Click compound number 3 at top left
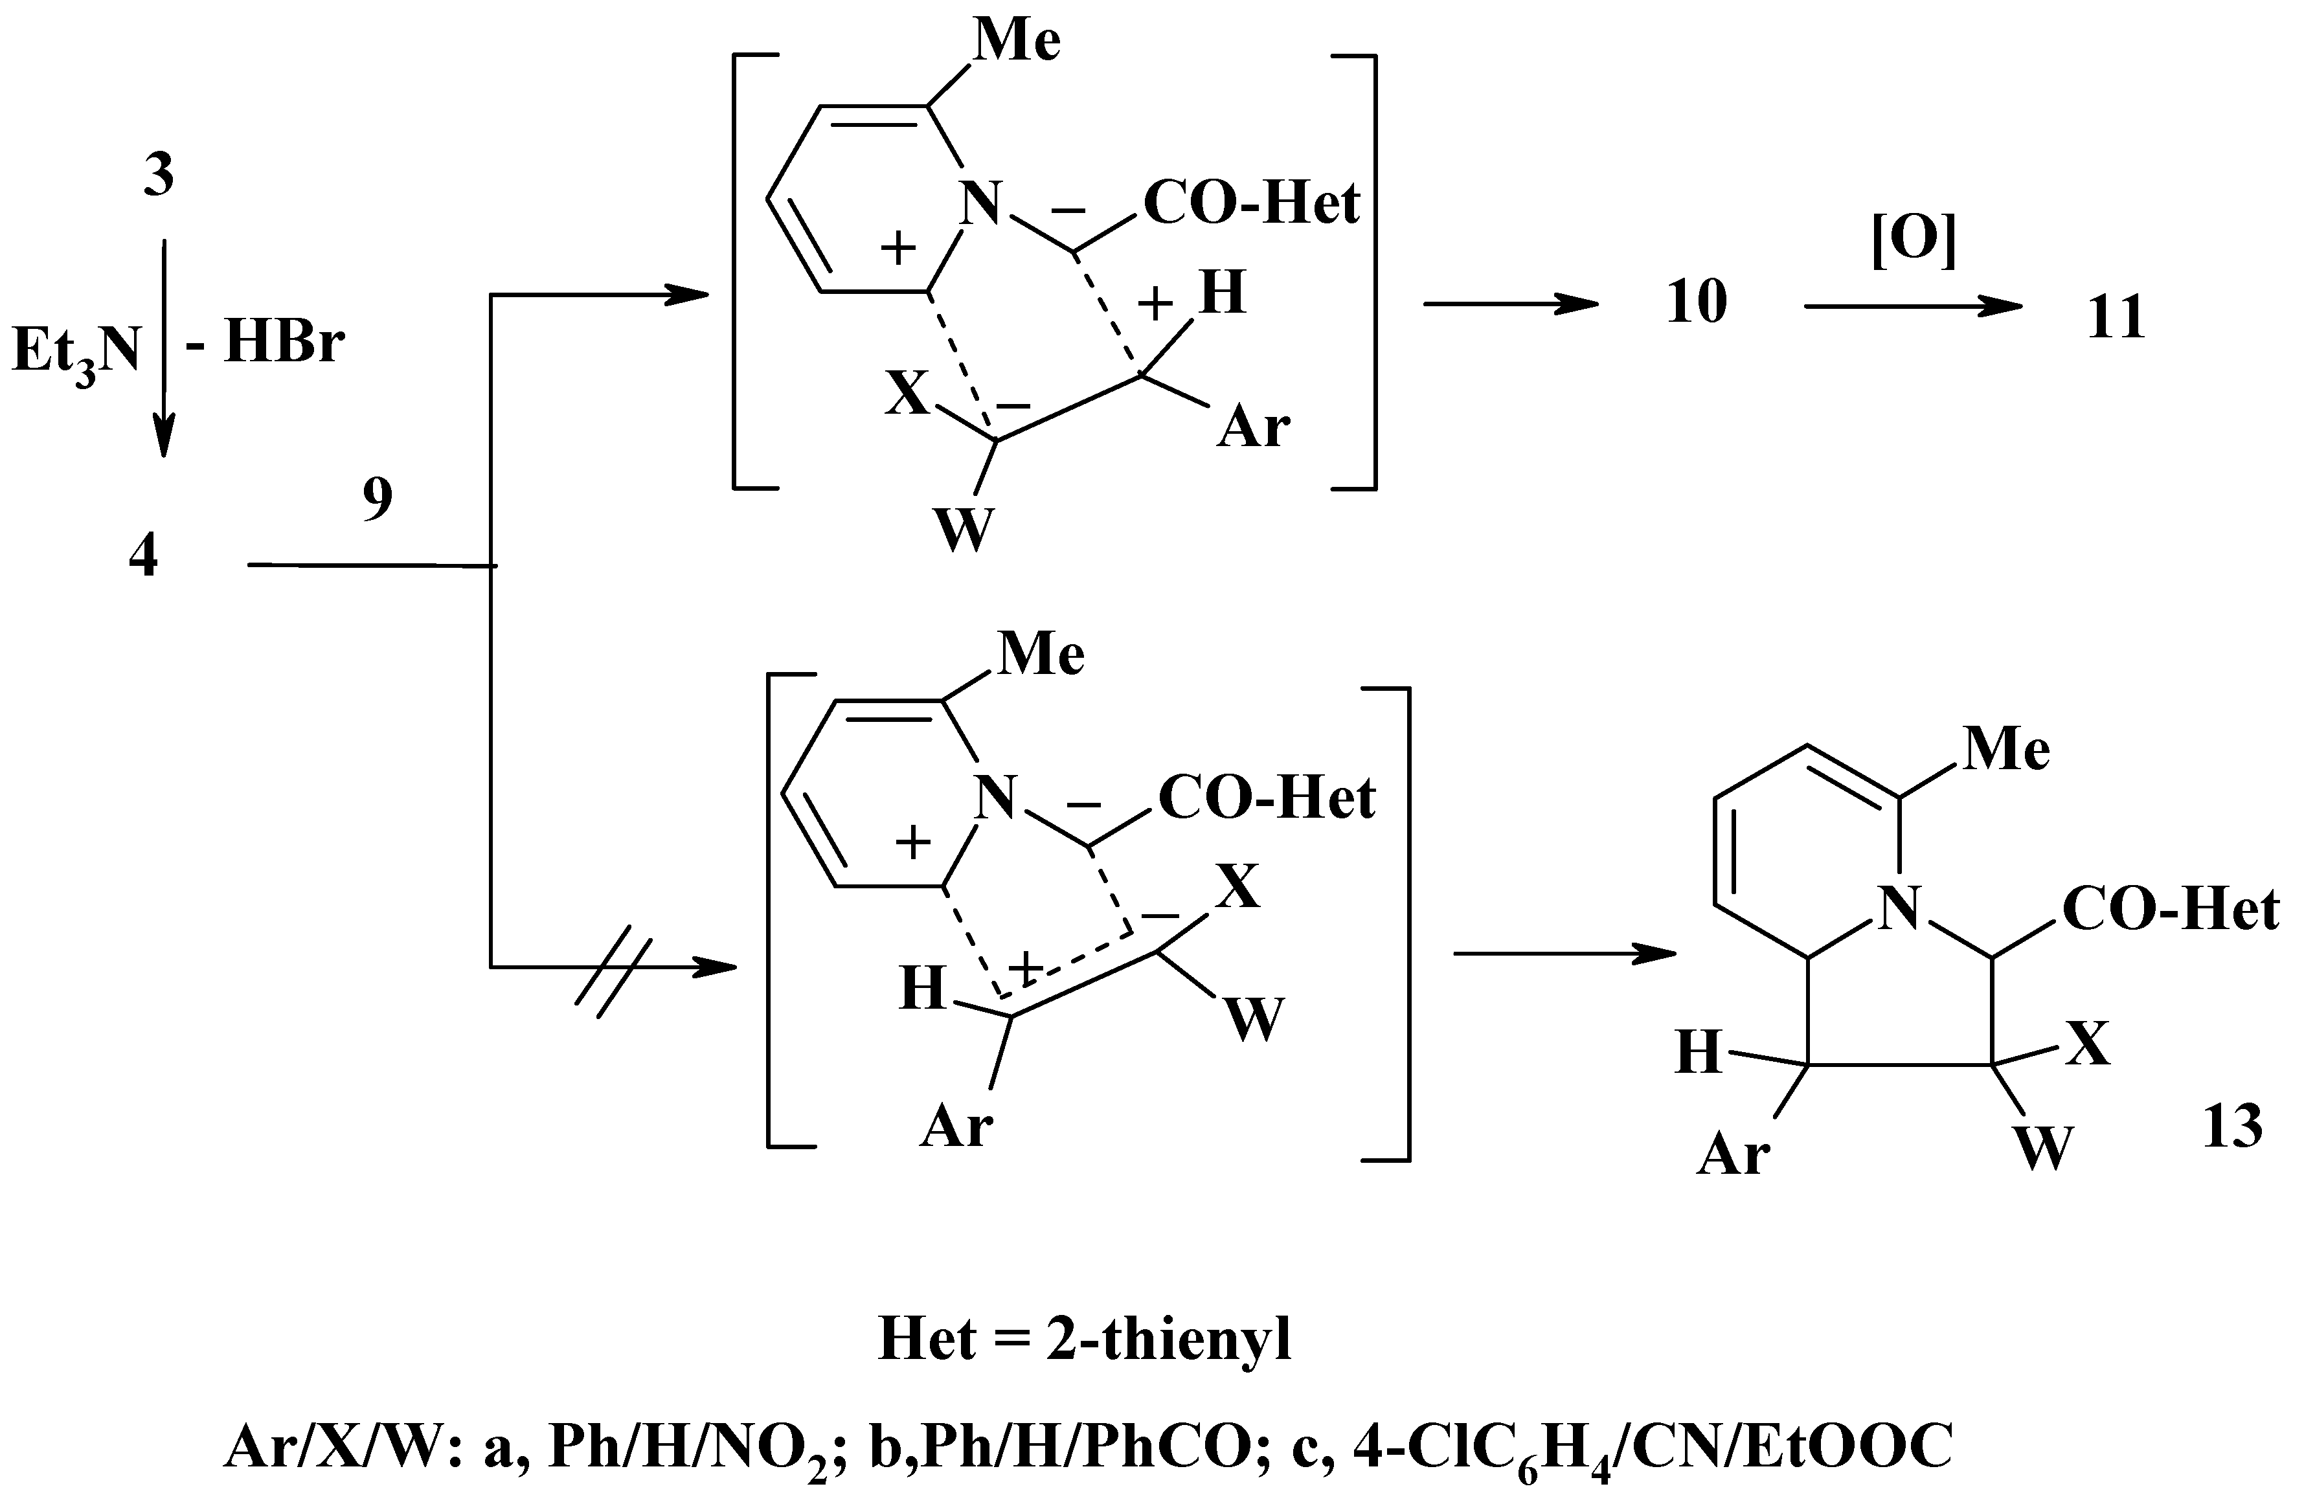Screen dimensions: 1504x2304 pyautogui.click(x=159, y=176)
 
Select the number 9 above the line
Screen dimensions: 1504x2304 pyautogui.click(x=378, y=499)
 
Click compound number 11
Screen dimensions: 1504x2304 pyautogui.click(x=2115, y=317)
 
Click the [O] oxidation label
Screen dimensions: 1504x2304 pyautogui.click(x=1914, y=240)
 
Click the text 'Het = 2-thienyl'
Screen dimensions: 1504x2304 pyautogui.click(x=1084, y=1340)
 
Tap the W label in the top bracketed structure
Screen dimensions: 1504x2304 pyautogui.click(x=963, y=530)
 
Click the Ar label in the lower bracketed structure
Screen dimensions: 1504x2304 pyautogui.click(x=956, y=1127)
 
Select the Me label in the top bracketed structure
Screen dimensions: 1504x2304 pyautogui.click(x=1017, y=41)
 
